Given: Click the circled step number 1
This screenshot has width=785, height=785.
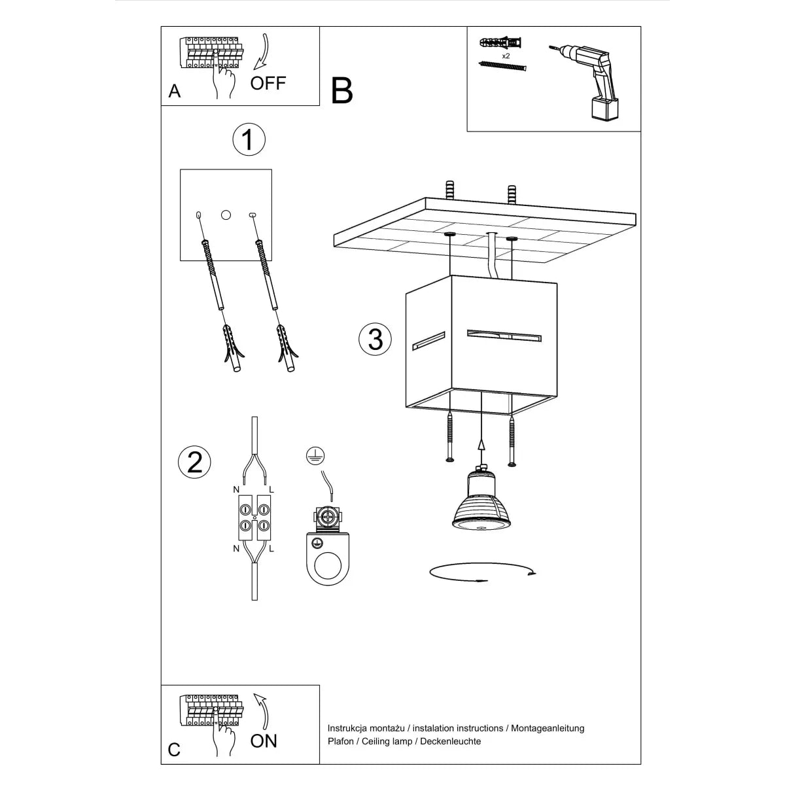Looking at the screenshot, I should coord(248,139).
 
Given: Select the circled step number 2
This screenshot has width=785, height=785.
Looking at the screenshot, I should coord(194,462).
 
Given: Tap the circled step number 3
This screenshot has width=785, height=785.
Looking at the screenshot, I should coord(375,340).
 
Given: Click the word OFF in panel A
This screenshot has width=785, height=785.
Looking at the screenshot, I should coord(268,83).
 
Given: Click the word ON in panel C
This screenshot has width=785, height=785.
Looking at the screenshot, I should coord(264,741).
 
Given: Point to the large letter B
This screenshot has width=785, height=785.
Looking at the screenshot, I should coord(341,91).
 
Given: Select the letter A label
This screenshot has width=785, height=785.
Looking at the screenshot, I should coord(174,91).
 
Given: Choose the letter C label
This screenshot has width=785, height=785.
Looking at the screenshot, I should coord(174,749).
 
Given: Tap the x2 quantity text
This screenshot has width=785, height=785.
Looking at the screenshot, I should coord(506,56).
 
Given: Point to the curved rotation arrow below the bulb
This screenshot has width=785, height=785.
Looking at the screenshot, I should coord(482,572).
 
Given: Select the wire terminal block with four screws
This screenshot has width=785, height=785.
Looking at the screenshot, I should coord(254,517).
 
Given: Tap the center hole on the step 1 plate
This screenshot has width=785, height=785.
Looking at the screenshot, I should coord(226,215).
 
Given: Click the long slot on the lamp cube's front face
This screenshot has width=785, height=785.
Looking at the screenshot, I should coord(504,335).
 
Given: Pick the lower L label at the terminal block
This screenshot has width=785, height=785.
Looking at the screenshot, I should coord(271,548).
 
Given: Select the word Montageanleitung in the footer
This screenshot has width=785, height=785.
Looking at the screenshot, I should coord(548,728).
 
